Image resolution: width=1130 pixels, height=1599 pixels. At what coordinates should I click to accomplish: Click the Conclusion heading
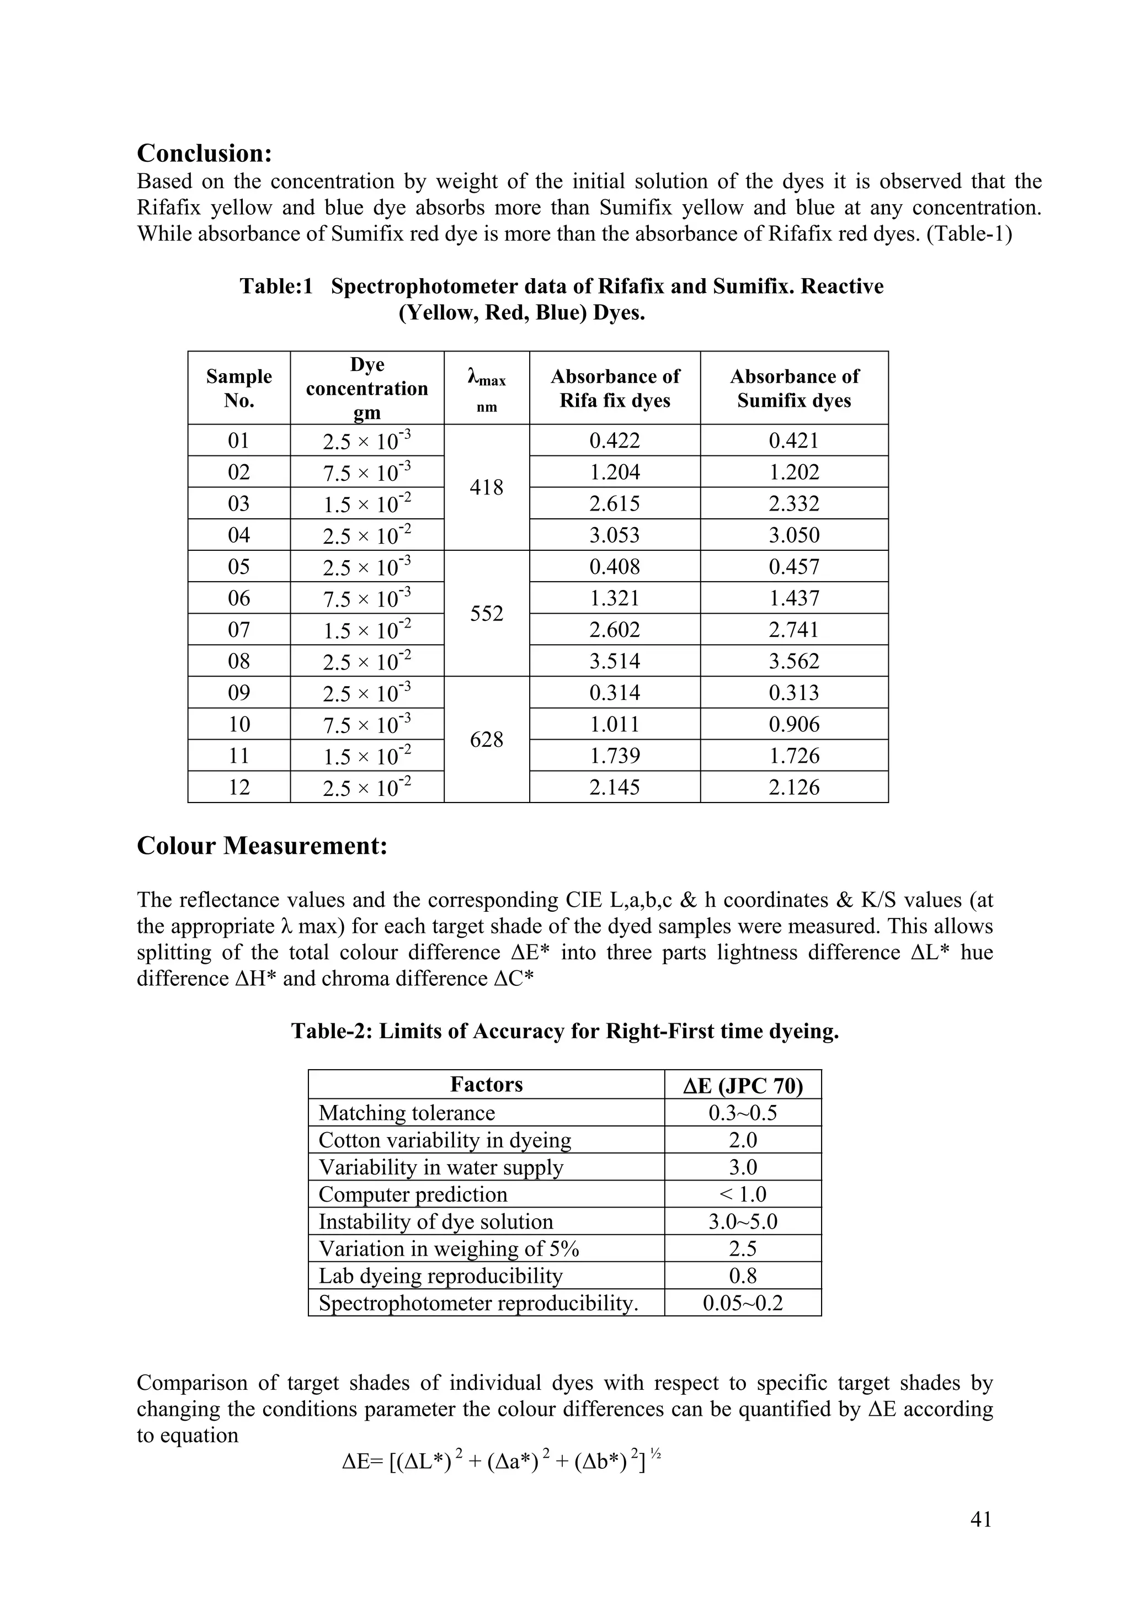coord(204,152)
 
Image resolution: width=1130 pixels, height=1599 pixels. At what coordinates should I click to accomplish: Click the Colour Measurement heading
coord(262,846)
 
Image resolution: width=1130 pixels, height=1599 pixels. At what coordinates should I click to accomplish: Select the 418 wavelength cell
coord(486,487)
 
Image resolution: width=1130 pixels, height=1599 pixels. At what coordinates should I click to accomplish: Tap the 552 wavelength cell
coord(486,614)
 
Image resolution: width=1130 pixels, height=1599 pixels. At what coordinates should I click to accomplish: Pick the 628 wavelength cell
coord(486,740)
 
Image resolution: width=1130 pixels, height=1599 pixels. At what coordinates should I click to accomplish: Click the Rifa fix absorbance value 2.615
coord(614,503)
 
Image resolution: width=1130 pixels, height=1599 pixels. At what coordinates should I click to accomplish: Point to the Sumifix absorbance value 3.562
coord(794,661)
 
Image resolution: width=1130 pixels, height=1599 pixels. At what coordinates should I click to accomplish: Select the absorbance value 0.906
coord(794,724)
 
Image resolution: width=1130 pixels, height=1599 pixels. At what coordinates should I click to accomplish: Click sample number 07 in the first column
coord(239,630)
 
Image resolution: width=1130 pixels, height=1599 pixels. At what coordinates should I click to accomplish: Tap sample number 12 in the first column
coord(239,787)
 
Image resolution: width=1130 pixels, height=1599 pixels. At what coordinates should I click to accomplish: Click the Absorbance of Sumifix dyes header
coord(794,388)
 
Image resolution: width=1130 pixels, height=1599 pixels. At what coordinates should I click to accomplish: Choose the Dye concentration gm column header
coord(367,388)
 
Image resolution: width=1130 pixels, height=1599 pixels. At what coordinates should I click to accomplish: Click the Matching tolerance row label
coord(407,1113)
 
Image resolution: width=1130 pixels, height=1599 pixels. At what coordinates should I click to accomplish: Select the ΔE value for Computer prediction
coord(742,1194)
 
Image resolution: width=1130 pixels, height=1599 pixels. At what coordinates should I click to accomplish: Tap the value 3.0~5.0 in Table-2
coord(742,1221)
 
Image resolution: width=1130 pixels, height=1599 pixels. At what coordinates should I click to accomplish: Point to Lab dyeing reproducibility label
coord(440,1276)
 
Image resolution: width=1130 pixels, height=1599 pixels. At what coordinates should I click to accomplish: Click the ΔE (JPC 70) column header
coord(742,1086)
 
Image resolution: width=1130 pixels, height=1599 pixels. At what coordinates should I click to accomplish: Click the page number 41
coord(980,1520)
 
